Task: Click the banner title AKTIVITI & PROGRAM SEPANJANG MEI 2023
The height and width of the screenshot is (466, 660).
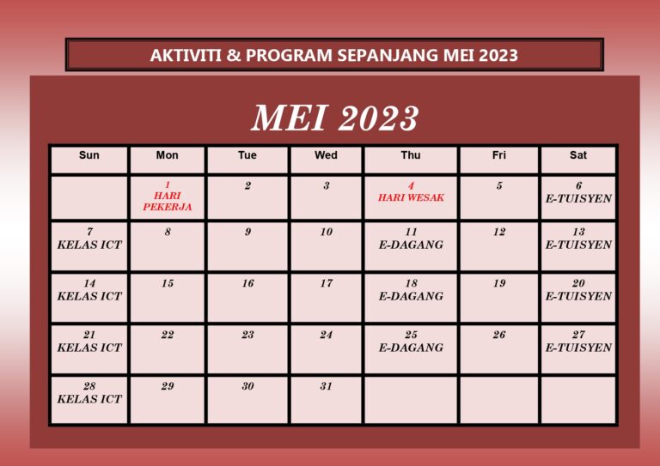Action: coord(334,56)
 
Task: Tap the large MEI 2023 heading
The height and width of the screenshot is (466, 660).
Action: coord(334,118)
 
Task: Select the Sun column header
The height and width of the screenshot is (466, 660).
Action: coord(89,155)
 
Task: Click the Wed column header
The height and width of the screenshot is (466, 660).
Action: coord(326,155)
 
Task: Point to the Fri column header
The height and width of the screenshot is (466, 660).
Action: coord(499,155)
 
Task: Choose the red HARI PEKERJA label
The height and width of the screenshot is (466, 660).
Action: coord(168,201)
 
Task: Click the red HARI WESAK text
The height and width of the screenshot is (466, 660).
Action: coord(411,197)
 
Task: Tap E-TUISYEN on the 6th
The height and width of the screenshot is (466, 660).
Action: coord(578,198)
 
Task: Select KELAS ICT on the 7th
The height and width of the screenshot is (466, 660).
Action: coord(89,245)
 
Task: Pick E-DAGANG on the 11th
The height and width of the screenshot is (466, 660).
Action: coord(411,245)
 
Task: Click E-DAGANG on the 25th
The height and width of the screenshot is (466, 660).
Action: coord(411,348)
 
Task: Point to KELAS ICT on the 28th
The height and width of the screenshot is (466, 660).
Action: coord(89,399)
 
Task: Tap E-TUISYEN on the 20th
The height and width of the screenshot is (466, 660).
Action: coord(578,296)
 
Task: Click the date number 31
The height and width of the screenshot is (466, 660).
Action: coord(326,386)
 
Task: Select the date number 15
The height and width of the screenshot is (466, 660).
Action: coord(168,283)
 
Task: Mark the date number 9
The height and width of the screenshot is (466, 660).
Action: coord(247,232)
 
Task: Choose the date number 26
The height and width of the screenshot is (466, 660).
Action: coord(499,335)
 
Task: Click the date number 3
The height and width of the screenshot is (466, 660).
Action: coord(326,185)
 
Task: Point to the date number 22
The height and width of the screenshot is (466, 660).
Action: coord(168,335)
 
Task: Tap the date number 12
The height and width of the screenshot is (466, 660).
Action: coord(499,232)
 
